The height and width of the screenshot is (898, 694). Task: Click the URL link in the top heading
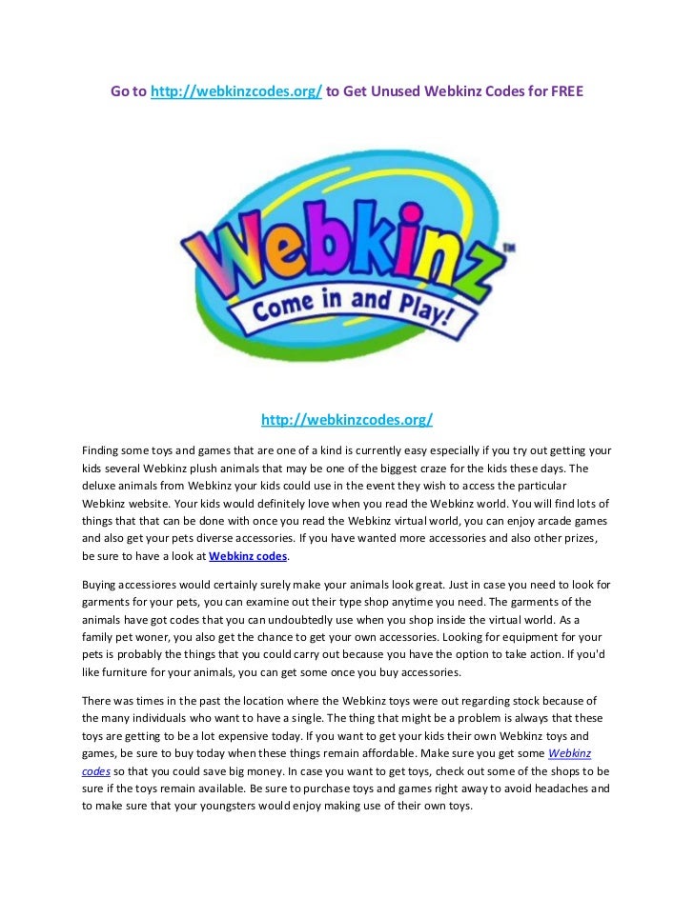235,91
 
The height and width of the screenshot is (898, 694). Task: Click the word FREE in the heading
565,91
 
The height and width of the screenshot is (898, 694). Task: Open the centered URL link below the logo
347,420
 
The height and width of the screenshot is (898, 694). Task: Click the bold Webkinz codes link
247,555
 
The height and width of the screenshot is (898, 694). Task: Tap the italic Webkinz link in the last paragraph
570,753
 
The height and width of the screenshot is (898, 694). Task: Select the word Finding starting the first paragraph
103,450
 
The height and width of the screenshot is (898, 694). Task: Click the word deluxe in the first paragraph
100,485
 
